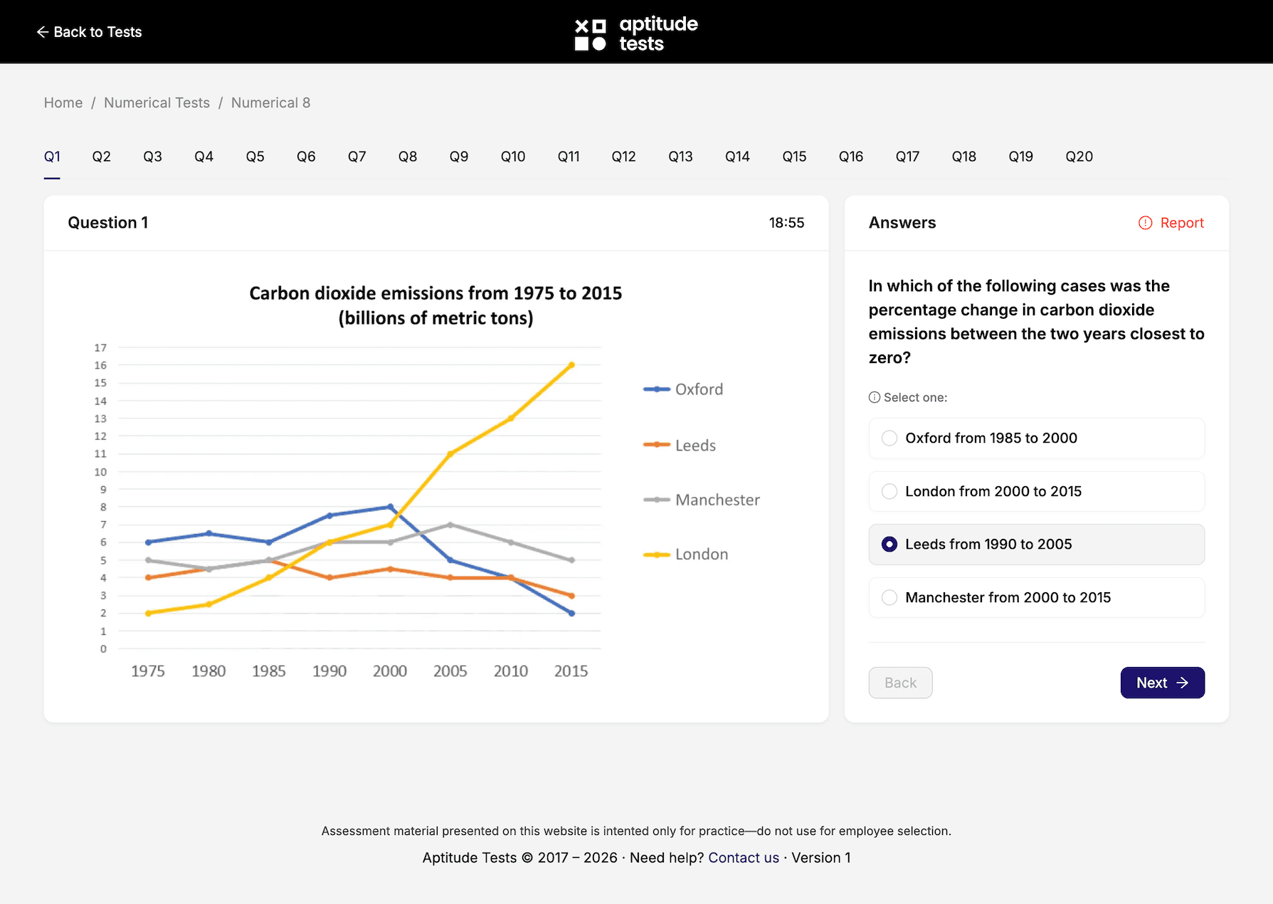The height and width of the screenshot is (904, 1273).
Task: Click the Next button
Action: click(x=1162, y=683)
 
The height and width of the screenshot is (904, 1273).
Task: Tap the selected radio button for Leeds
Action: click(x=889, y=545)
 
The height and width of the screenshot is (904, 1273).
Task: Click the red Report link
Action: click(x=1171, y=223)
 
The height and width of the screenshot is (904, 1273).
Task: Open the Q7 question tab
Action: click(x=356, y=157)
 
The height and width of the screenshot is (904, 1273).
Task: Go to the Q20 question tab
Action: click(x=1079, y=157)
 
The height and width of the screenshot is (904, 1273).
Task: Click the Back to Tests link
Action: click(x=90, y=32)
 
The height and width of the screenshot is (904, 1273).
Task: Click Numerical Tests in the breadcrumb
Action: click(x=157, y=103)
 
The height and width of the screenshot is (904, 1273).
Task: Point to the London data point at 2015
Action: click(x=571, y=365)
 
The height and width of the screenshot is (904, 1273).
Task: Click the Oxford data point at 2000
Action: click(x=390, y=507)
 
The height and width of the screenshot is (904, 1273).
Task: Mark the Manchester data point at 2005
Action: click(x=450, y=525)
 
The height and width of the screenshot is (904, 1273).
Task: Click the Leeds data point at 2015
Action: click(x=571, y=596)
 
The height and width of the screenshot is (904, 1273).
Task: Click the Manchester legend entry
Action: click(x=702, y=500)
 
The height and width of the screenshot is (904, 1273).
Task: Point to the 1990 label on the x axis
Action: click(x=329, y=671)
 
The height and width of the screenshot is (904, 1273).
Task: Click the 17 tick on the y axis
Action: click(x=100, y=347)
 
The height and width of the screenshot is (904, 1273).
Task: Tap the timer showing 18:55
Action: click(x=786, y=223)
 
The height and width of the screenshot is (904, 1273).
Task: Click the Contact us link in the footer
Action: click(x=744, y=858)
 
